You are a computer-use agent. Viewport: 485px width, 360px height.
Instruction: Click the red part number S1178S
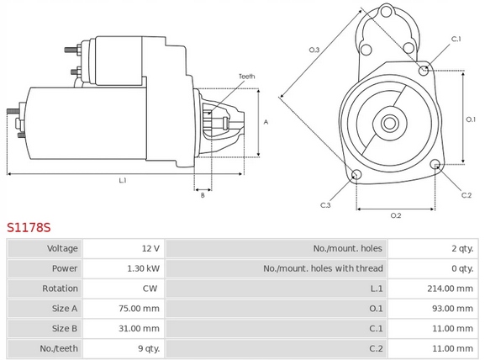[x=29, y=227]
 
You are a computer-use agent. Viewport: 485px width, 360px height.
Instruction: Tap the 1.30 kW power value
[x=144, y=268]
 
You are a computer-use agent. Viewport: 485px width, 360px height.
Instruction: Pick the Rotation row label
[x=60, y=289]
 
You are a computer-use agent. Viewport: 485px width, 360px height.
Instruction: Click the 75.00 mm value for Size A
[x=139, y=309]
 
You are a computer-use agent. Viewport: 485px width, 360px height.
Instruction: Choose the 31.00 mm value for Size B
[x=139, y=328]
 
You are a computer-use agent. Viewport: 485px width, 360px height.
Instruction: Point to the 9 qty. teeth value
[x=149, y=348]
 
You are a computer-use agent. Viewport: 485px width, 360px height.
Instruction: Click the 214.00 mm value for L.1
[x=450, y=289]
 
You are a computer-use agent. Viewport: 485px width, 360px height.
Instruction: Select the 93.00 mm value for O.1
[x=452, y=309]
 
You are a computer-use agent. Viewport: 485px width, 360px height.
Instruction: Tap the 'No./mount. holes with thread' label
[x=323, y=268]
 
